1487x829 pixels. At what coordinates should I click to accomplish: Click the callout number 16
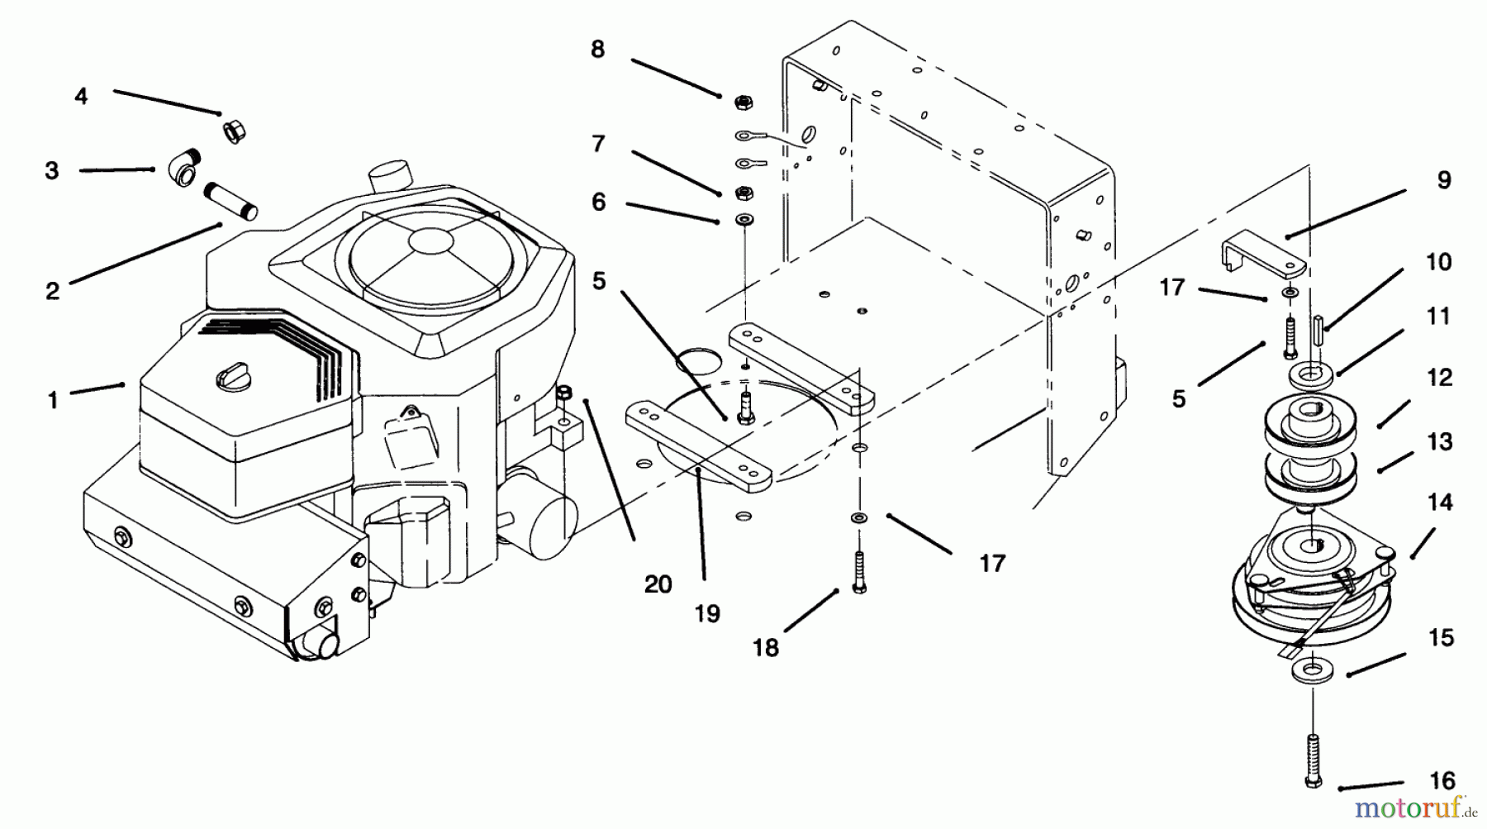tap(1442, 780)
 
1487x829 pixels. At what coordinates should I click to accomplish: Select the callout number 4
tap(80, 96)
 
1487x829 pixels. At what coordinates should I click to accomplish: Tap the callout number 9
tap(1443, 180)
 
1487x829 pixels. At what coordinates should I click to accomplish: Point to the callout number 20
tap(658, 584)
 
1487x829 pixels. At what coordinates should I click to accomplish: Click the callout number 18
tap(766, 647)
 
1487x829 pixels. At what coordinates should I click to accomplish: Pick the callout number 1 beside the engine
tap(53, 400)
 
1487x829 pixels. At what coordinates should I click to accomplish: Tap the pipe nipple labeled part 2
tap(231, 201)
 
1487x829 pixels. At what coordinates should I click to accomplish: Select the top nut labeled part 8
tap(742, 102)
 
